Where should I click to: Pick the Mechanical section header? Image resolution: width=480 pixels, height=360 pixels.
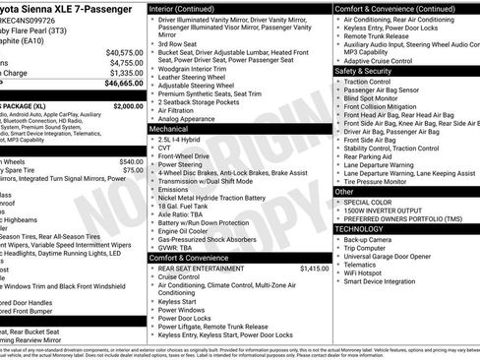pyautogui.click(x=169, y=128)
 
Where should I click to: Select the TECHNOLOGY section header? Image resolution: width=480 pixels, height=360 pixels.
pyautogui.click(x=359, y=228)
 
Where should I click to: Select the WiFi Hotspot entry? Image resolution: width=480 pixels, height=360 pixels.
pyautogui.click(x=367, y=272)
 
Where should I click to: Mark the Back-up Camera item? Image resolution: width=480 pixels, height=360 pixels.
pyautogui.click(x=370, y=239)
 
